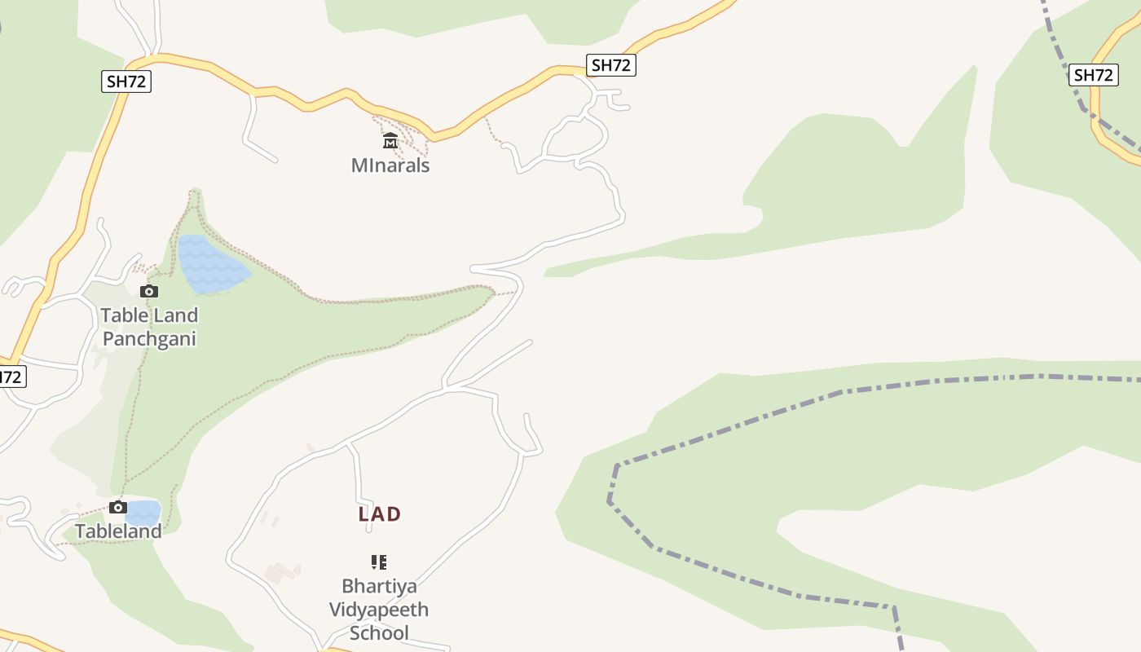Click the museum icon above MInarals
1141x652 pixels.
tap(390, 141)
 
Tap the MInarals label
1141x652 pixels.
tap(390, 165)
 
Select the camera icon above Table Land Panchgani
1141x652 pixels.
tap(149, 291)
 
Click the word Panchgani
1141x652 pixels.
tap(149, 339)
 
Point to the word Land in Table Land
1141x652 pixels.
tap(176, 315)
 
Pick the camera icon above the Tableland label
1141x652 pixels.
tap(118, 508)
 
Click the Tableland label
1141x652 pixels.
tap(118, 531)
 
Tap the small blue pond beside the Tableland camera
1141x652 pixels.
tap(144, 513)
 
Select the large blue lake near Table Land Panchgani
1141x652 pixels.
tap(210, 264)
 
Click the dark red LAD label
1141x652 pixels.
tap(380, 514)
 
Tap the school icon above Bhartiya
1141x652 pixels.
tap(379, 562)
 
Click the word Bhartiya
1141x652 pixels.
tap(379, 586)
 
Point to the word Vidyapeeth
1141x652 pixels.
tap(379, 610)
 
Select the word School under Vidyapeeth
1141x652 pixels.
tap(379, 633)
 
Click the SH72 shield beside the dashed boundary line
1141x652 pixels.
tap(1093, 75)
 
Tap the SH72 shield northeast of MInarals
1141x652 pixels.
tap(611, 65)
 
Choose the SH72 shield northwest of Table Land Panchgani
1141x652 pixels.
tap(127, 81)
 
